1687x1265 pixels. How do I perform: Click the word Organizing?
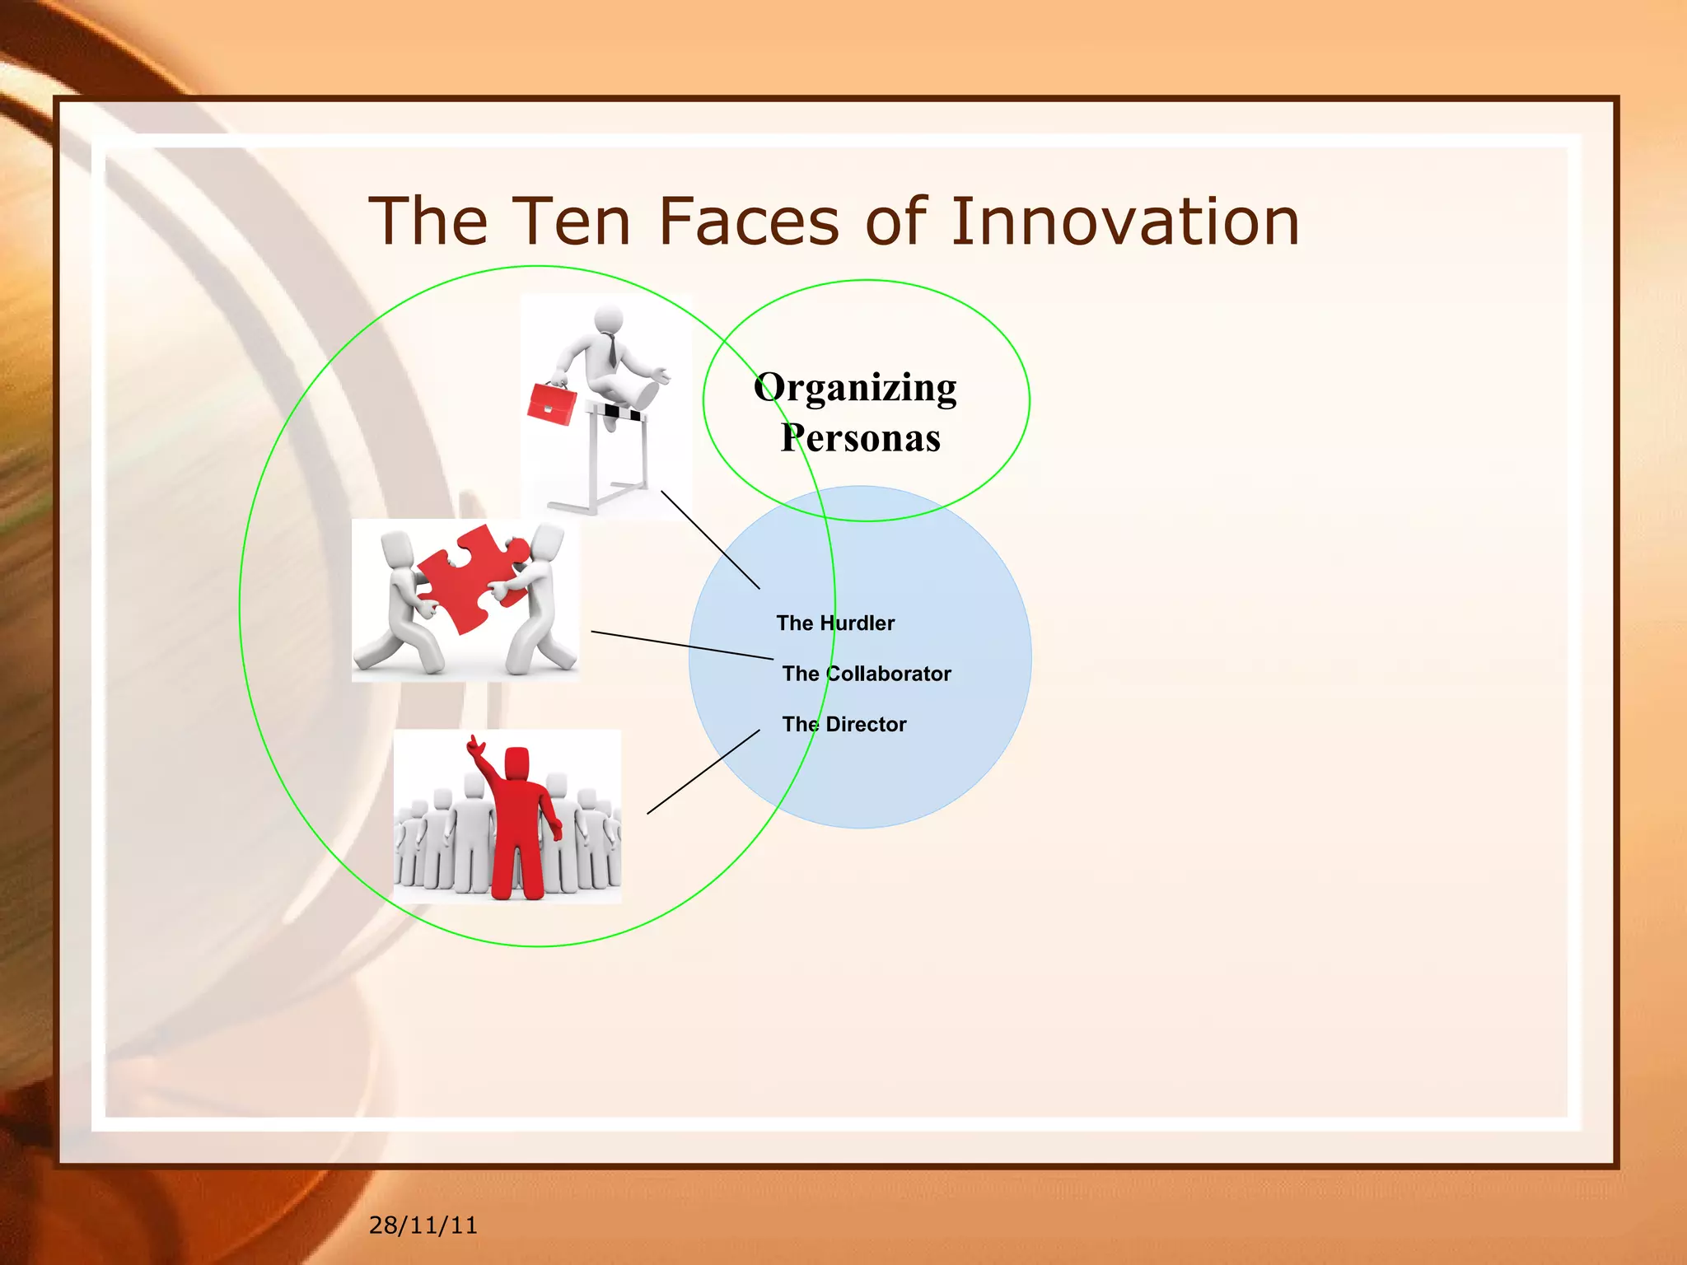point(855,387)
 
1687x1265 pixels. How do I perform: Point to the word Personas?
point(860,437)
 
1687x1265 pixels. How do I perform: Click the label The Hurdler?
point(834,623)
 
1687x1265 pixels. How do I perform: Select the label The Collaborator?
point(866,674)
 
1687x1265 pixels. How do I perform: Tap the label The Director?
point(843,725)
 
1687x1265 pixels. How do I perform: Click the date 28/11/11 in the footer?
point(423,1225)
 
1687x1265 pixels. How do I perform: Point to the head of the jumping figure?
point(609,317)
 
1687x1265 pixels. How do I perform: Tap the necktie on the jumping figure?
point(611,349)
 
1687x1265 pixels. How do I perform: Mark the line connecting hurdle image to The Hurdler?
point(710,539)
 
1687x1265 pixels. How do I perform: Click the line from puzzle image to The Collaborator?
point(682,645)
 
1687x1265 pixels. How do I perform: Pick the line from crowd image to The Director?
point(703,772)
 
